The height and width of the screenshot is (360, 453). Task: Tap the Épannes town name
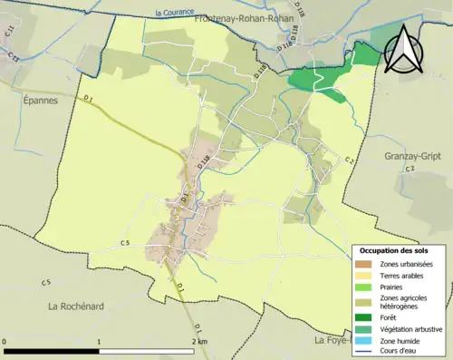[x=36, y=101]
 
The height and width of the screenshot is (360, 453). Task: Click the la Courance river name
[x=176, y=13]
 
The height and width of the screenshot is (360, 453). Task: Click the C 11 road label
[x=9, y=34]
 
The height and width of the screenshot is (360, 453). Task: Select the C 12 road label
[x=14, y=55]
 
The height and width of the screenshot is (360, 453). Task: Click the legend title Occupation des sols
[x=394, y=250]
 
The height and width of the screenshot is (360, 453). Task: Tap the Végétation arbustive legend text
[x=412, y=329]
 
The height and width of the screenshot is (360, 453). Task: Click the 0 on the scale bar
[x=5, y=342]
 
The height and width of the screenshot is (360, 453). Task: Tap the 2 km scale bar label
[x=198, y=342]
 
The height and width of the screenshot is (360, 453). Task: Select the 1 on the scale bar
[x=99, y=342]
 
